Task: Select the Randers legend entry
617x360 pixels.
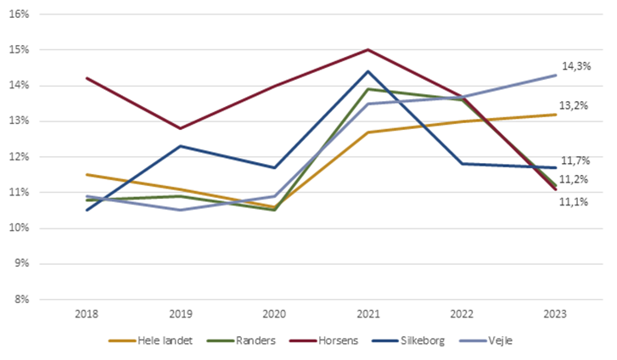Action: [x=248, y=340]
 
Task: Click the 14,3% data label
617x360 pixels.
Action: [x=576, y=65]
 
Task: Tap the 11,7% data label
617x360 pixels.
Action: [x=576, y=160]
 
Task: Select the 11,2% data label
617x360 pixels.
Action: [x=576, y=179]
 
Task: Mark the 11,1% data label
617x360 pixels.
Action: [x=576, y=201]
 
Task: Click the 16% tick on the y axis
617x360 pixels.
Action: [x=20, y=14]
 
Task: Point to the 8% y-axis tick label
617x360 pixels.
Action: [x=22, y=299]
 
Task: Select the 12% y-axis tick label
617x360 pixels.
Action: [x=20, y=156]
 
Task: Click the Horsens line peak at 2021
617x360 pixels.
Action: [x=367, y=49]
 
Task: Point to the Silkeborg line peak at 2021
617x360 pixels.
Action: [x=367, y=71]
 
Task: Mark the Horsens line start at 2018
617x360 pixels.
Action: [x=87, y=78]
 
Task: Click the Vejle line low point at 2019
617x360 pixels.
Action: [x=181, y=210]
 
